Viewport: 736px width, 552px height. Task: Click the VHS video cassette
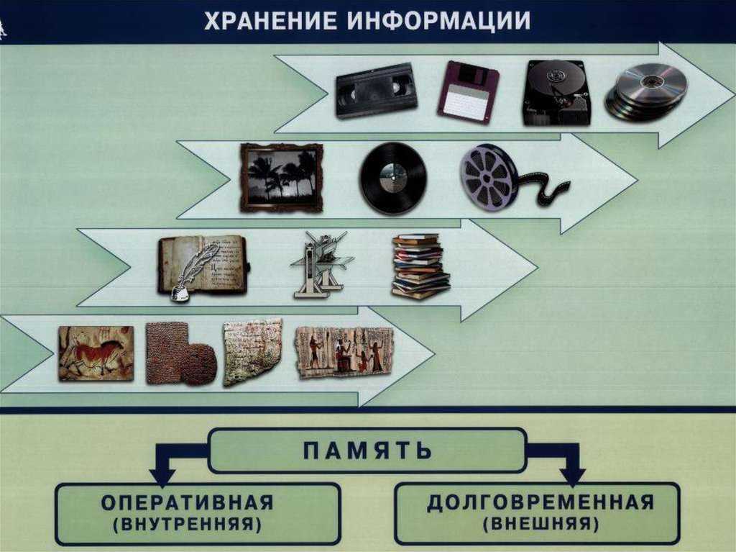point(377,91)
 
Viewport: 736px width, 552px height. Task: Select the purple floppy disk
point(468,91)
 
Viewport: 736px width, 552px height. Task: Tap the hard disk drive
point(557,93)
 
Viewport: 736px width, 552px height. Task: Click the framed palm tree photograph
point(282,178)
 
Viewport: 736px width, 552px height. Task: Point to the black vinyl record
point(393,178)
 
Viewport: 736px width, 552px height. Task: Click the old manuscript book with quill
point(203,268)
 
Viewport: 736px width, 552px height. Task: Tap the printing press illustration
point(322,265)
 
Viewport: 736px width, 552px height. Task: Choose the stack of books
point(420,266)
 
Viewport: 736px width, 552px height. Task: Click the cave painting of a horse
point(96,353)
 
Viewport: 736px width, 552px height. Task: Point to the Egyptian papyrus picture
point(344,353)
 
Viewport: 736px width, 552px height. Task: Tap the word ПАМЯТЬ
point(367,451)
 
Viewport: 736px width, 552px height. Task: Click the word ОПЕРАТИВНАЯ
point(188,502)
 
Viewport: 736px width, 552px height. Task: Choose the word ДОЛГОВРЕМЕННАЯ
point(540,502)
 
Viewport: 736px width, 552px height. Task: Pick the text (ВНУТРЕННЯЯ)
point(188,524)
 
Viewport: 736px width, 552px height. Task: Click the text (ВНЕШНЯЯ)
point(540,523)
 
